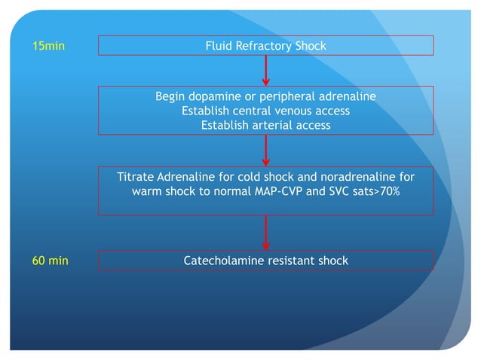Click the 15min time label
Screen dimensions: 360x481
point(48,47)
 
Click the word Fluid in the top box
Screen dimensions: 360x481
point(219,47)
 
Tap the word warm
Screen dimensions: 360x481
point(148,191)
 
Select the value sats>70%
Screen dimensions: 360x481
point(376,191)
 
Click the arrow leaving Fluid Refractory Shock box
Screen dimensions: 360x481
point(266,71)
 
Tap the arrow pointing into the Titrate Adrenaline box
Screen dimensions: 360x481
point(266,151)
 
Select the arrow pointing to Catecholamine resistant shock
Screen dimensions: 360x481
point(266,233)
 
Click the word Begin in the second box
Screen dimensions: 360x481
point(170,97)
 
